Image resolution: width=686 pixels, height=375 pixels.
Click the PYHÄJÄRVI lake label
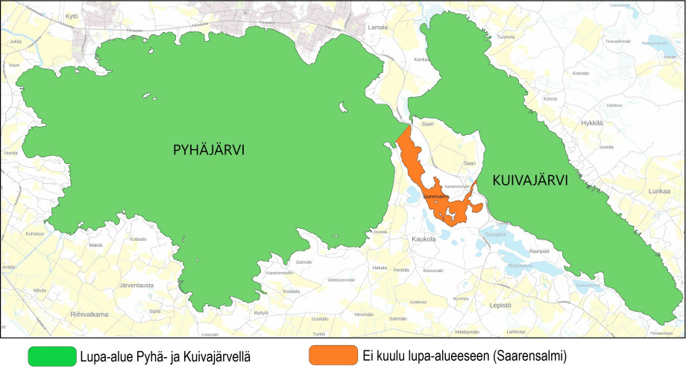[x=209, y=151]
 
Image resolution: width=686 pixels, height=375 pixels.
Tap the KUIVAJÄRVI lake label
[x=530, y=180]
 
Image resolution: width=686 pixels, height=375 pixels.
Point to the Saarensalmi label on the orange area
[x=435, y=197]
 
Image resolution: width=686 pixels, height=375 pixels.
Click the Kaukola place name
[x=423, y=239]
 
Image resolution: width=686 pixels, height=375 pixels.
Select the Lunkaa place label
[x=660, y=192]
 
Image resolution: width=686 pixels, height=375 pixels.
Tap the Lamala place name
[x=378, y=28]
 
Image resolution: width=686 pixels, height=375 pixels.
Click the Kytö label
[x=72, y=16]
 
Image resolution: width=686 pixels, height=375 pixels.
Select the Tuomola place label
[x=506, y=37]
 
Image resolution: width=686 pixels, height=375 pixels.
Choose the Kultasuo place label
[x=35, y=234]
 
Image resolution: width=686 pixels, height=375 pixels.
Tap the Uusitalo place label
[x=319, y=318]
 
